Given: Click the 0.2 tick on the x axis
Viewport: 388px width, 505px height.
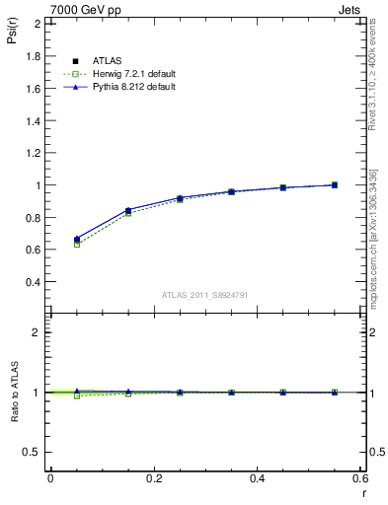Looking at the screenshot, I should [153, 478].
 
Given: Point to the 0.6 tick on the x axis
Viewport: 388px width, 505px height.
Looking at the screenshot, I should [360, 478].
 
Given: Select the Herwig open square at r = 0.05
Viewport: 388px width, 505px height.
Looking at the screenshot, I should [76, 244].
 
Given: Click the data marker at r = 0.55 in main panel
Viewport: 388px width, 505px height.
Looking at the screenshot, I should [334, 184].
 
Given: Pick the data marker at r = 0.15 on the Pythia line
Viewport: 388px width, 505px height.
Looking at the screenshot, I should [128, 210].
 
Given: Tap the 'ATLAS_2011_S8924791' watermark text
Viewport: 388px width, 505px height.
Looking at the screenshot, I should [204, 294].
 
